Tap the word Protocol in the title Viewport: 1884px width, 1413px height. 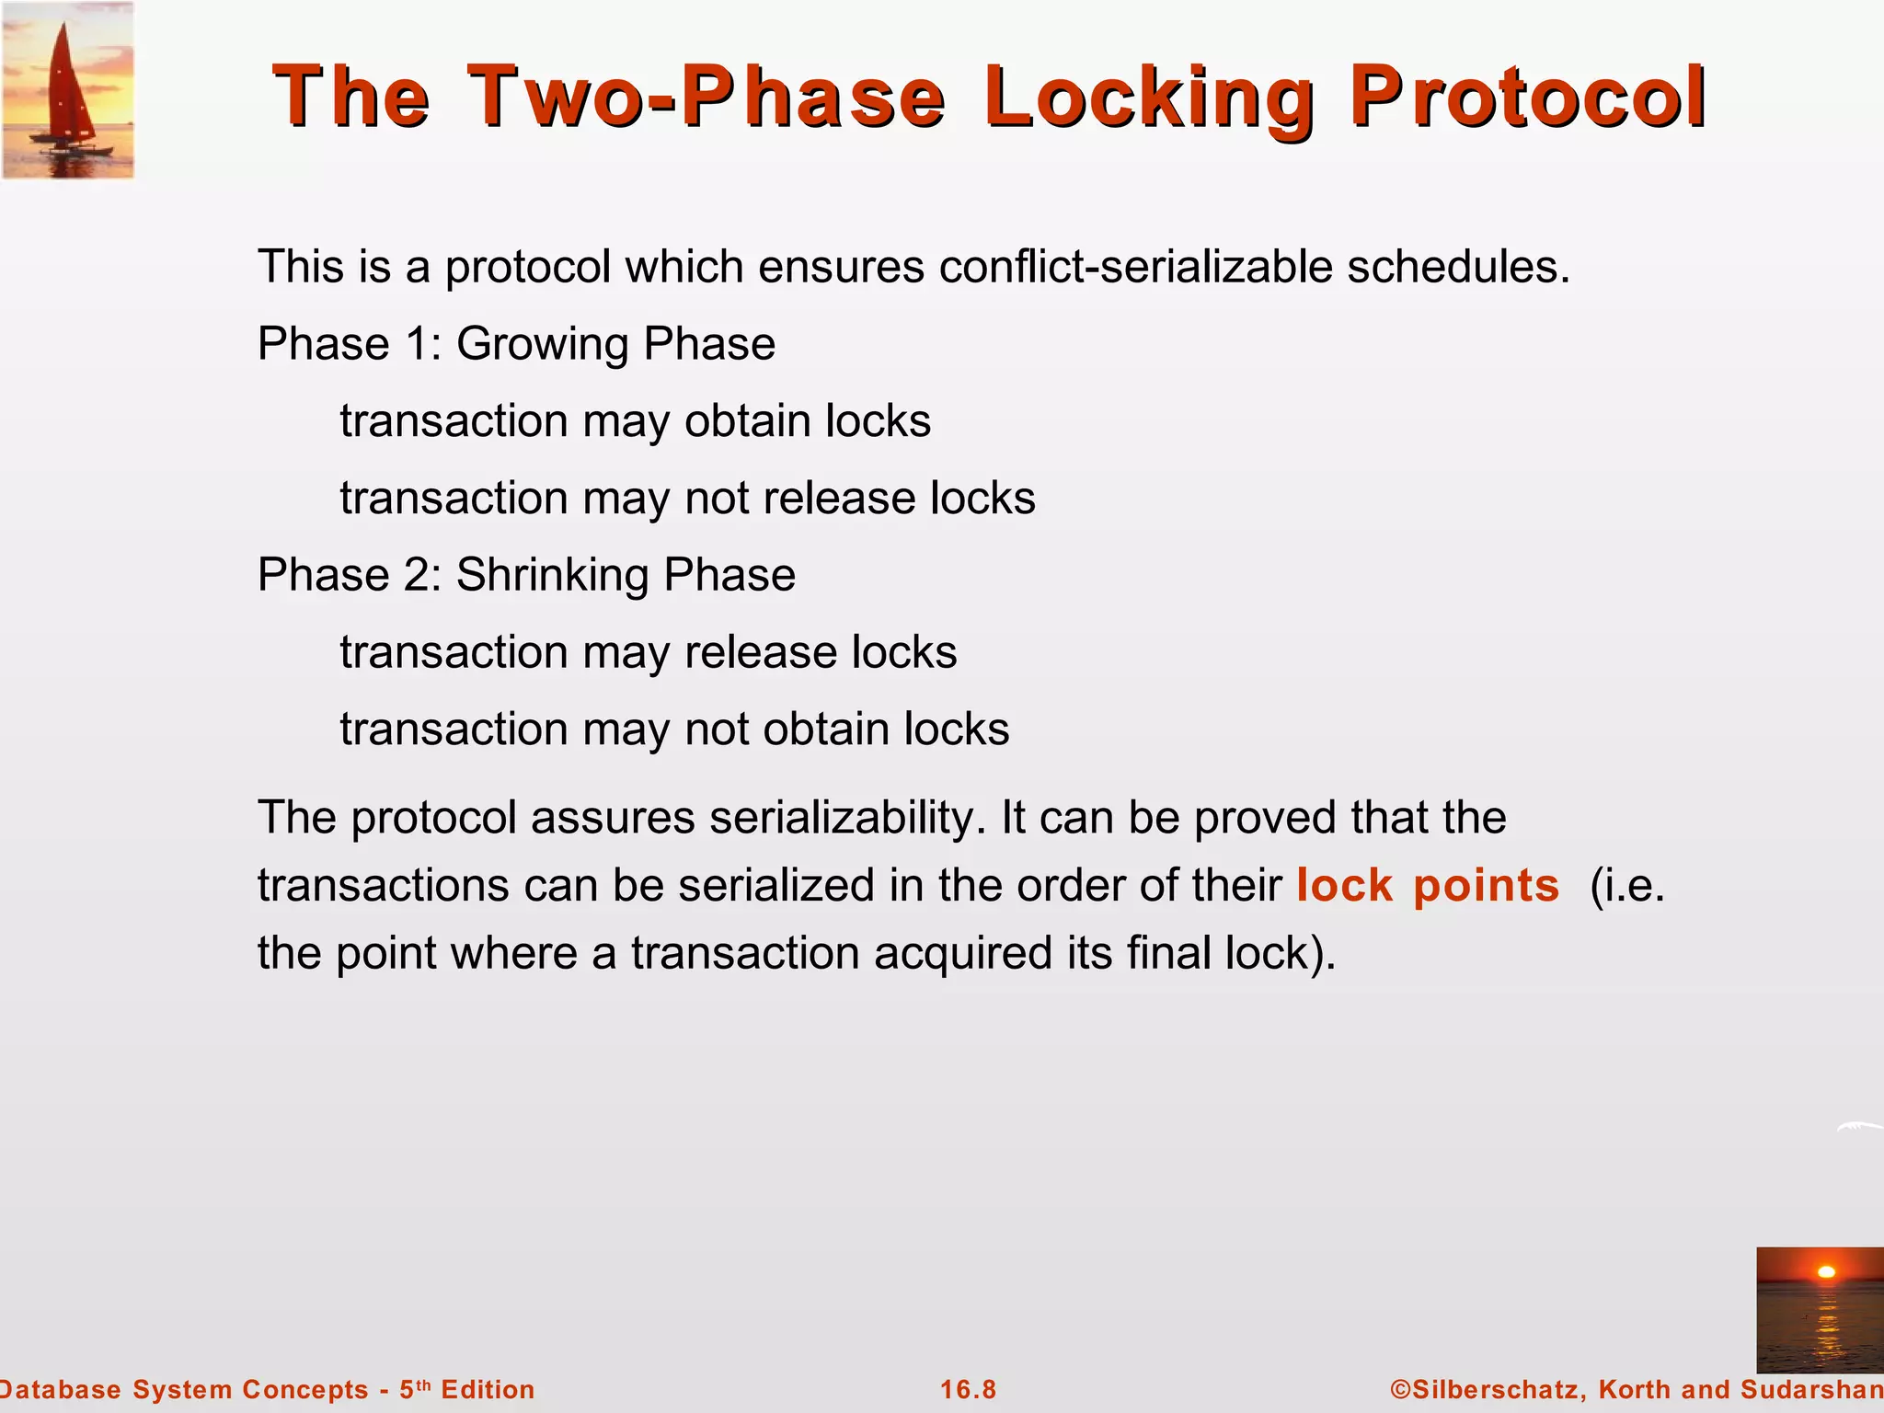1527,98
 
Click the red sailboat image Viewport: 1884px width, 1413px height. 68,90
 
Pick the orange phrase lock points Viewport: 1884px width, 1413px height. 1427,885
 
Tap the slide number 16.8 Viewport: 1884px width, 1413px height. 968,1389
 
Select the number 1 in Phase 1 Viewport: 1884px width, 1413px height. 418,345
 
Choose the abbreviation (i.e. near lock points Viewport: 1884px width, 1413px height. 1626,885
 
